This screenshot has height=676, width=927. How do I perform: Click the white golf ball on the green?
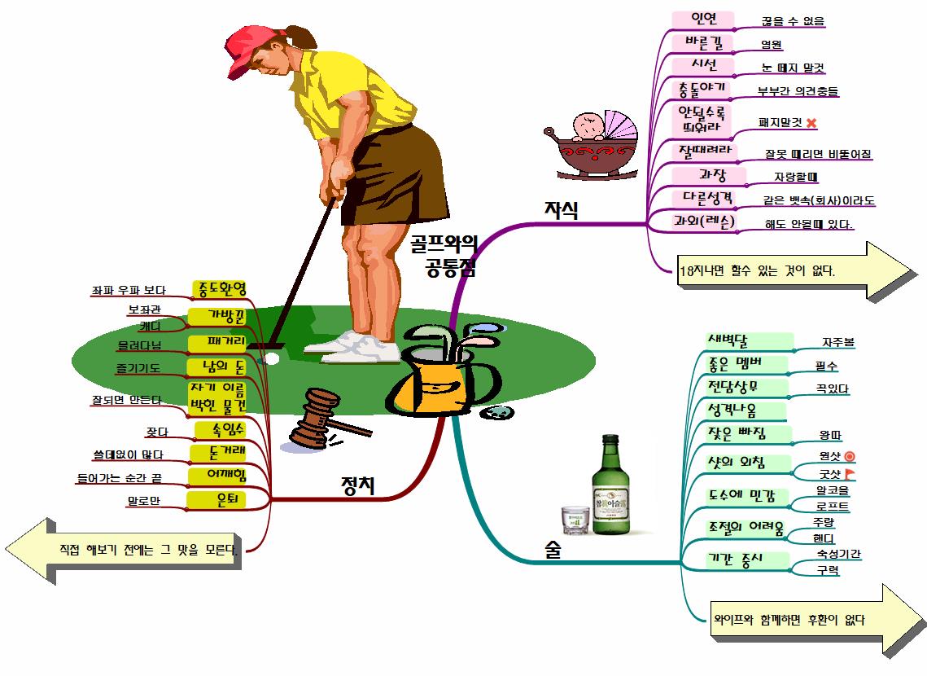pyautogui.click(x=273, y=358)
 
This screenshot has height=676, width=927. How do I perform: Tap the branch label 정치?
pyautogui.click(x=357, y=485)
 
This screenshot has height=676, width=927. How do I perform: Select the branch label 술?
pyautogui.click(x=553, y=551)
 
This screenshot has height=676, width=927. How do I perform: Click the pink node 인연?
pyautogui.click(x=703, y=19)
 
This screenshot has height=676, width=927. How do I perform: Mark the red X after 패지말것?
pyautogui.click(x=811, y=123)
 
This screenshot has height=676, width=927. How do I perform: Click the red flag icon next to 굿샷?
pyautogui.click(x=850, y=473)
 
